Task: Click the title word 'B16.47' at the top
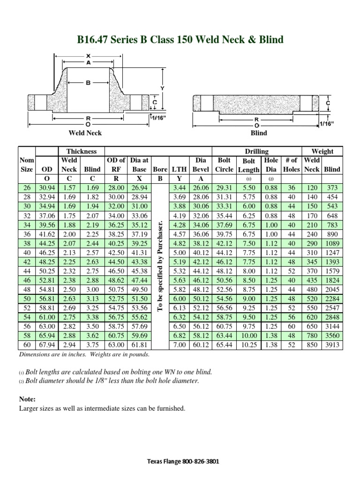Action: point(93,39)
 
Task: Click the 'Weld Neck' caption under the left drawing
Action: point(85,133)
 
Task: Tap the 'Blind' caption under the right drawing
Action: point(259,133)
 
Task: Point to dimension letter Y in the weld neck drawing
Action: point(162,88)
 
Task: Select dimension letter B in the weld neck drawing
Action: point(88,83)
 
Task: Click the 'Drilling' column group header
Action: point(257,151)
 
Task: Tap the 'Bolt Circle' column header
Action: point(224,165)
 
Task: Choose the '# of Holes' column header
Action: point(292,165)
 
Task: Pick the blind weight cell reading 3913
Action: point(332,345)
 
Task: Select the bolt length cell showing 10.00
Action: point(249,337)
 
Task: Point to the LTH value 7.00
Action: point(180,345)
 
